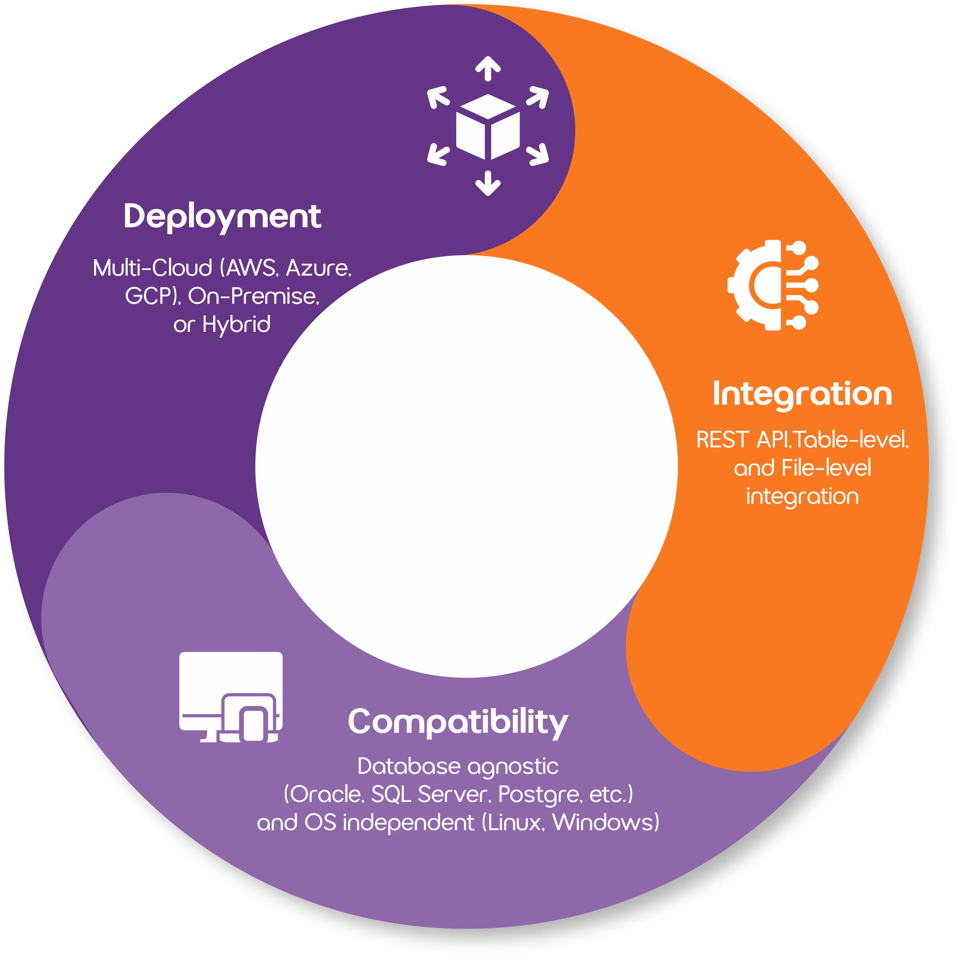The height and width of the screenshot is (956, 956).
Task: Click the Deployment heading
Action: [222, 217]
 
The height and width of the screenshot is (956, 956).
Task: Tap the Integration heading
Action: [802, 394]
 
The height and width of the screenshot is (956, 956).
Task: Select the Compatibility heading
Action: [458, 722]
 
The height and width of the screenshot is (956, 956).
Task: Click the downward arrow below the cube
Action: [488, 183]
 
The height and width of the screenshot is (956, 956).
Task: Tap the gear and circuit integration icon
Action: [773, 285]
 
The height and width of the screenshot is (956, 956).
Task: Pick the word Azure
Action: [318, 268]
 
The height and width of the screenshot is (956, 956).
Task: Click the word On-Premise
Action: [253, 296]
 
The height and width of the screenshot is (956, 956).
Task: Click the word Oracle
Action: [327, 795]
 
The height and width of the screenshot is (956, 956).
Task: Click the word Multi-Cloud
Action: [152, 268]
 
